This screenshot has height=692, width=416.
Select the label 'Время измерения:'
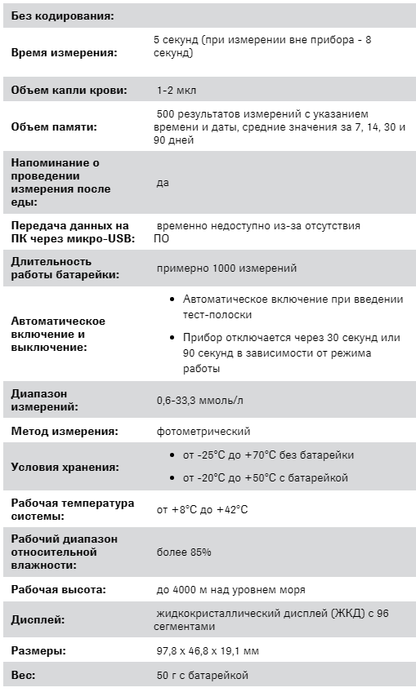coord(64,53)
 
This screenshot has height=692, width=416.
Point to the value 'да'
coord(163,183)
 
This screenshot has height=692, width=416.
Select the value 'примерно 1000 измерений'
coord(226,268)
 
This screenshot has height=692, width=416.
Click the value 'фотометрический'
coord(204,431)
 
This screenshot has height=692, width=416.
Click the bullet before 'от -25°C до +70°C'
coord(172,455)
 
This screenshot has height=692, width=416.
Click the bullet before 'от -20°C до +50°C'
coord(172,478)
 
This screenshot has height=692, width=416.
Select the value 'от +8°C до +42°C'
coord(202,510)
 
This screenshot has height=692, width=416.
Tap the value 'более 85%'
coord(184,552)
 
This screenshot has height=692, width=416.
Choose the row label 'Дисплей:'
coord(38,620)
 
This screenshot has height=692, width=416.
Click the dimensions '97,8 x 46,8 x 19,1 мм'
coord(208,650)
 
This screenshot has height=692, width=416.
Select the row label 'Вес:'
coord(23,675)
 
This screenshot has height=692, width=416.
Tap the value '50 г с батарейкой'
coord(202,675)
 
